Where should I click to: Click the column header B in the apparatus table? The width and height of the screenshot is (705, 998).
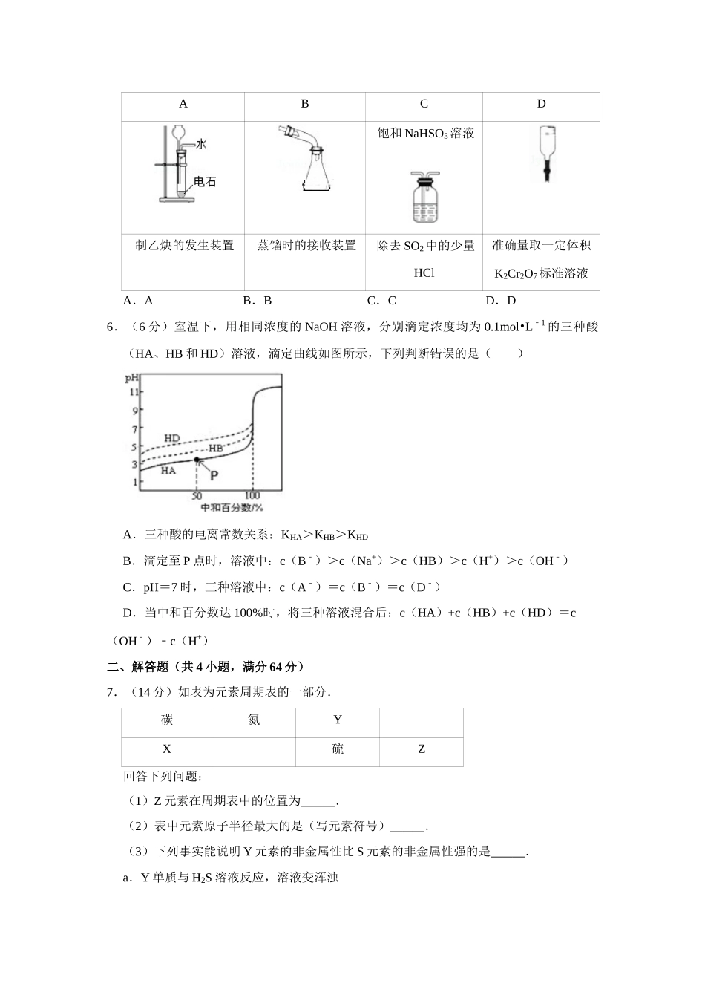(304, 104)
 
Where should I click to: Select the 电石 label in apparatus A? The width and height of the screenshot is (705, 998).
(205, 181)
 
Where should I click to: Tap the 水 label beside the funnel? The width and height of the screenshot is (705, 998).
(201, 143)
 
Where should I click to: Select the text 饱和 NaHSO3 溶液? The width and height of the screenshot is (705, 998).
(425, 134)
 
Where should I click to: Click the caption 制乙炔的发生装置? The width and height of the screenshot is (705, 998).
(184, 245)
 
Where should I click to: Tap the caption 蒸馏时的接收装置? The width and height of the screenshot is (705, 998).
(306, 245)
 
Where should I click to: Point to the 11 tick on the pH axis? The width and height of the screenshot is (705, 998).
(134, 391)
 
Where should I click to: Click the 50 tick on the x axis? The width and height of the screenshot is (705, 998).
(197, 495)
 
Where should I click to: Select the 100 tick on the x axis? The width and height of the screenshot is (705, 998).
(252, 495)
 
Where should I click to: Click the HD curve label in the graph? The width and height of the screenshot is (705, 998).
(171, 438)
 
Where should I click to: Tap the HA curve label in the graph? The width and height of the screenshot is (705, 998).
(168, 471)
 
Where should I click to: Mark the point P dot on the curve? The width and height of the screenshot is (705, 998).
(197, 460)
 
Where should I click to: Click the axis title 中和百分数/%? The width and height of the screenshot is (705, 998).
(232, 508)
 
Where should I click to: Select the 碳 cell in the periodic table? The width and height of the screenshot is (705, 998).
(167, 720)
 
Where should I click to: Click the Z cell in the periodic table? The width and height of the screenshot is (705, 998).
(422, 749)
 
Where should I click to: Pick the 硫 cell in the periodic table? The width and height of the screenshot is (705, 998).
(338, 749)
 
